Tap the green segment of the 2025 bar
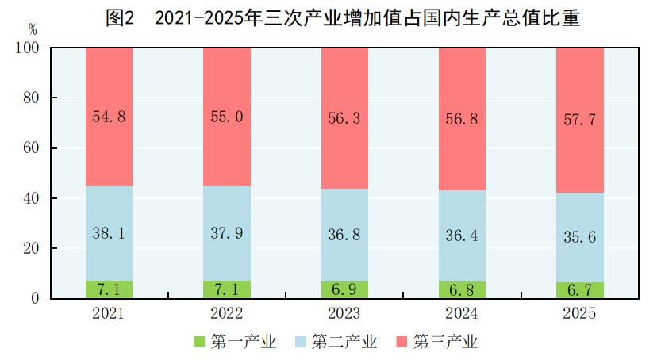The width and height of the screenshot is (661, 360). click(579, 290)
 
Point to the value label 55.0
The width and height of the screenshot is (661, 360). click(227, 117)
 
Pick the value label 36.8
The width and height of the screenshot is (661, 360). click(344, 236)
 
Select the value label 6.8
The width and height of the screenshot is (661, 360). click(462, 289)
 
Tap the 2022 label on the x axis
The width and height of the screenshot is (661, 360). click(227, 313)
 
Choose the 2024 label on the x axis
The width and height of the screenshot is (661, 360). click(462, 313)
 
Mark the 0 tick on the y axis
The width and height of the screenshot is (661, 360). click(35, 299)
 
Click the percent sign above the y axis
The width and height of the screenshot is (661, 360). click(33, 29)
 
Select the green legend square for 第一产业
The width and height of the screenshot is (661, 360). click(200, 342)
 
